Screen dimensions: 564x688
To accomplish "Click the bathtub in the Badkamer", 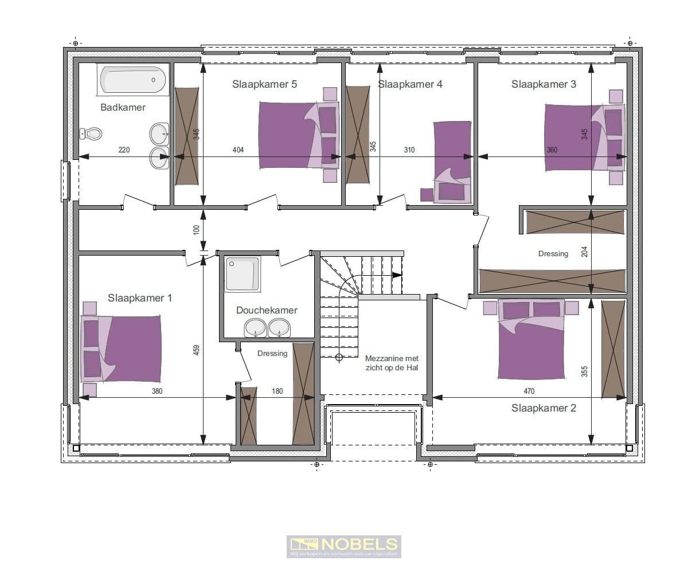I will (133, 80).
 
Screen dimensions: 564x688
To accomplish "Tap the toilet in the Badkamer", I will (92, 134).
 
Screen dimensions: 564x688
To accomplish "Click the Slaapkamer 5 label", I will (264, 84).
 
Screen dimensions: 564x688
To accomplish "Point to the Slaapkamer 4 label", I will (410, 84).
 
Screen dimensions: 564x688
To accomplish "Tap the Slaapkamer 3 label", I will (544, 84).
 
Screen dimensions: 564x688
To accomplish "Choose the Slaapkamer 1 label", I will (140, 298).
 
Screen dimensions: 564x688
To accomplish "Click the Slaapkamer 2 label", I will (544, 408).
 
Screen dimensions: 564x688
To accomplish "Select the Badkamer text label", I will (123, 107).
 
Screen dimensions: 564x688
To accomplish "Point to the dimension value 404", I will (238, 150).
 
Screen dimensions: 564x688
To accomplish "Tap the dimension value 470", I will (529, 391).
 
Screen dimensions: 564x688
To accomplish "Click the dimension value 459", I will (197, 350).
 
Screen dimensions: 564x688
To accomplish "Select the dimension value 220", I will (124, 150).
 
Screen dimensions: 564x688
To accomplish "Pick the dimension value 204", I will (584, 252).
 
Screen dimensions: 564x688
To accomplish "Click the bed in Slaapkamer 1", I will (123, 348).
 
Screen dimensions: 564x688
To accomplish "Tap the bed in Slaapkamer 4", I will (452, 160).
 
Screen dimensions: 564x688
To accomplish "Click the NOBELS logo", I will (343, 546).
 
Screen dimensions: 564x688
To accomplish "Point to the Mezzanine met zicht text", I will (392, 362).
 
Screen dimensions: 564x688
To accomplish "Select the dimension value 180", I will (277, 391).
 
